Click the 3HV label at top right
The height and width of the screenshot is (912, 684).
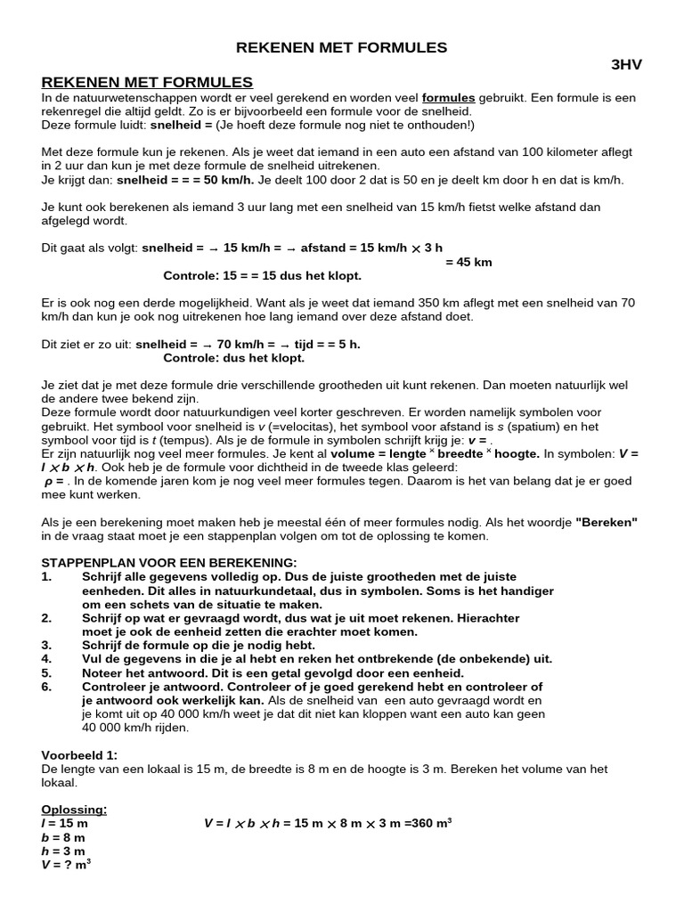pyautogui.click(x=625, y=65)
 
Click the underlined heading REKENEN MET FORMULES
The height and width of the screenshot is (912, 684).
pyautogui.click(x=147, y=82)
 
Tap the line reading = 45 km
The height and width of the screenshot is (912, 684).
pyautogui.click(x=468, y=262)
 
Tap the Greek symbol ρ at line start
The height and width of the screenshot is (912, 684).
pyautogui.click(x=49, y=481)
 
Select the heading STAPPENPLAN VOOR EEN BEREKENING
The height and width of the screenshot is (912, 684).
pyautogui.click(x=169, y=563)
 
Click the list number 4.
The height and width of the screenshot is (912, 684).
pyautogui.click(x=47, y=658)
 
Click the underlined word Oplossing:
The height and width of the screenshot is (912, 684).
pyautogui.click(x=74, y=810)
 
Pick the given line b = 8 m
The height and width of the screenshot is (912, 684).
pyautogui.click(x=63, y=837)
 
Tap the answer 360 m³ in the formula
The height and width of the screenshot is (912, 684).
pyautogui.click(x=429, y=823)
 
